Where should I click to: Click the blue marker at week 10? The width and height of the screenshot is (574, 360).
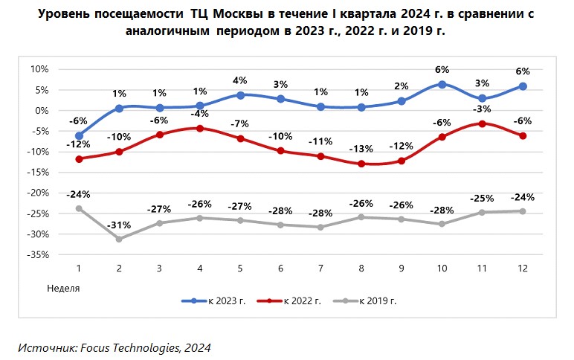(442, 85)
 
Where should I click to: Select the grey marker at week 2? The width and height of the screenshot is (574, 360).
(119, 239)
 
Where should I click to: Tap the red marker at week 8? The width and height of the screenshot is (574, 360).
(361, 164)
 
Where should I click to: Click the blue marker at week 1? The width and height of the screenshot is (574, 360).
(79, 136)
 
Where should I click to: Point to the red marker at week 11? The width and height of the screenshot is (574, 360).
(483, 123)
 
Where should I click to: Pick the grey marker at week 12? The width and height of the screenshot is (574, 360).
(523, 211)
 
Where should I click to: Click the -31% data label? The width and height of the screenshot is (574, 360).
(118, 225)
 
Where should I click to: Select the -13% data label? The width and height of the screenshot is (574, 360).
(361, 149)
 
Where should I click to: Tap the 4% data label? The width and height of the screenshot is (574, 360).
(241, 80)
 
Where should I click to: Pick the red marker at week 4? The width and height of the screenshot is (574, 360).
(200, 129)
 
